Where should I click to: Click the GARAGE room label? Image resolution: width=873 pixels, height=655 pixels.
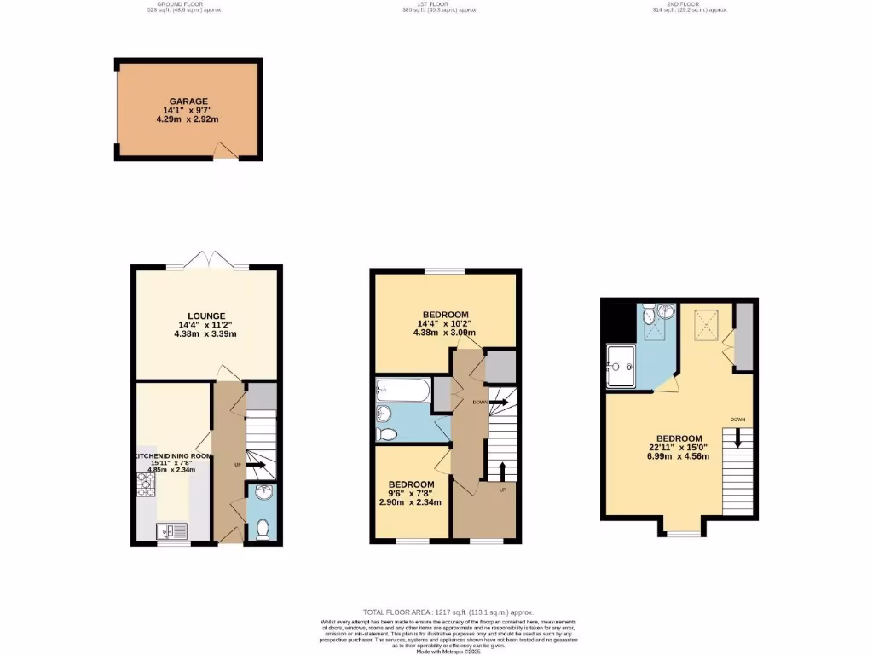coord(188,101)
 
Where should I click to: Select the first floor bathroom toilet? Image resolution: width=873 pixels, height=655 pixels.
coord(384,434)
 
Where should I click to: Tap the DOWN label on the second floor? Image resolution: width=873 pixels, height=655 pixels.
coord(738,420)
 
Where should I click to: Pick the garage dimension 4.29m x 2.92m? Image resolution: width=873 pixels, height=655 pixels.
coord(188,119)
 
